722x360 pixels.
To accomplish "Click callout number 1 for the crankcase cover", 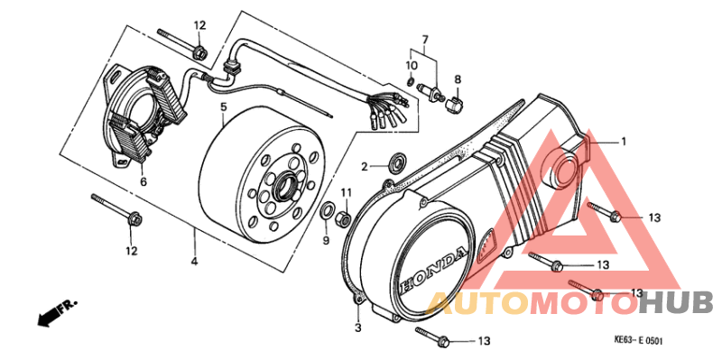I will point(622,142).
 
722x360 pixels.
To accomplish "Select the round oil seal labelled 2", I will point(394,165).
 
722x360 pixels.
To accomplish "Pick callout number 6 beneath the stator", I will point(143,181).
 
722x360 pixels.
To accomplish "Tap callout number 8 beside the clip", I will point(458,80).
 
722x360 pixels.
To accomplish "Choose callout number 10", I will point(412,67).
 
